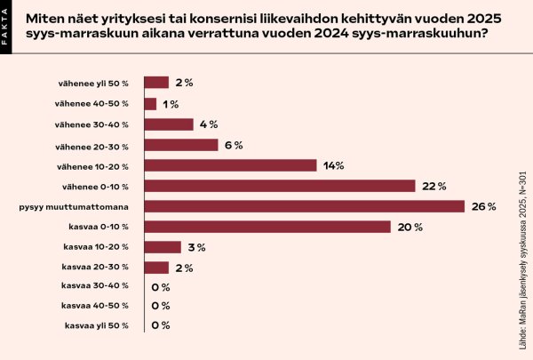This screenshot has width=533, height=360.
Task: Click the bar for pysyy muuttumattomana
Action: point(304,206)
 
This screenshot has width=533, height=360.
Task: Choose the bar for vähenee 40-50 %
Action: point(150,104)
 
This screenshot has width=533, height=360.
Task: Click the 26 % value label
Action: point(484,206)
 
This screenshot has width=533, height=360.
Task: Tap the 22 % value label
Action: point(434,186)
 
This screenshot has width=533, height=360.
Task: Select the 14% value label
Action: point(334,165)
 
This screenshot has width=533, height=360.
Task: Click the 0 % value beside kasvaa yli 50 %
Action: point(161,325)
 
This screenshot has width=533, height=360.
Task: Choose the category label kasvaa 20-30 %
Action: point(97,268)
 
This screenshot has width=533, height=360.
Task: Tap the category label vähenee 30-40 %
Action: point(99,124)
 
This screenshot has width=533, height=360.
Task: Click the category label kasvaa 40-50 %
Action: point(97,306)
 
